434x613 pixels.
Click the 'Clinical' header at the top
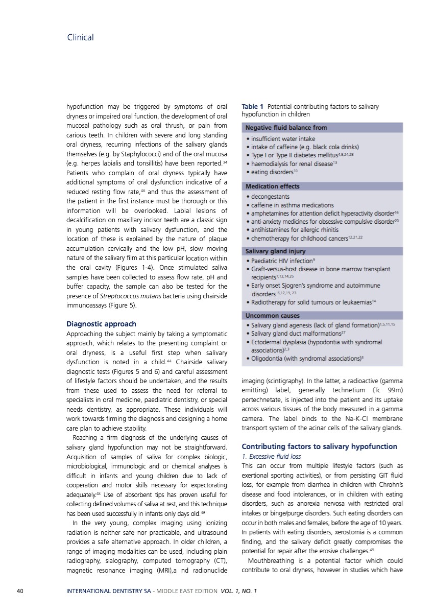pyautogui.click(x=80, y=37)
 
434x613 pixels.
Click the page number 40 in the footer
pyautogui.click(x=20, y=592)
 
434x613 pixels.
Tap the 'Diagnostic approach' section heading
pyautogui.click(x=101, y=324)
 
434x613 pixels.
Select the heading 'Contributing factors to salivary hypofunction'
pyautogui.click(x=319, y=446)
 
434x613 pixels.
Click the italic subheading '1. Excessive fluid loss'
pyautogui.click(x=271, y=456)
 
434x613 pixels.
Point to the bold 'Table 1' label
pyautogui.click(x=253, y=106)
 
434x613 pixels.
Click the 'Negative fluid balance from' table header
pyautogui.click(x=286, y=127)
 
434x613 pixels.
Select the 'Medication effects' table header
pyautogui.click(x=273, y=186)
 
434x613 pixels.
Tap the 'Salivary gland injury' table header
pyautogui.click(x=276, y=251)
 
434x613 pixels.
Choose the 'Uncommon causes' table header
pyautogui.click(x=273, y=315)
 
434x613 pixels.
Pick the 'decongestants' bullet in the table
pyautogui.click(x=270, y=196)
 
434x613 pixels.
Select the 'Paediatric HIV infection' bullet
pyautogui.click(x=283, y=261)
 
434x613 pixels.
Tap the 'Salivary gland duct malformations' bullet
pyautogui.click(x=296, y=333)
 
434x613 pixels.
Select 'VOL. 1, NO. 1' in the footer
pyautogui.click(x=239, y=592)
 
